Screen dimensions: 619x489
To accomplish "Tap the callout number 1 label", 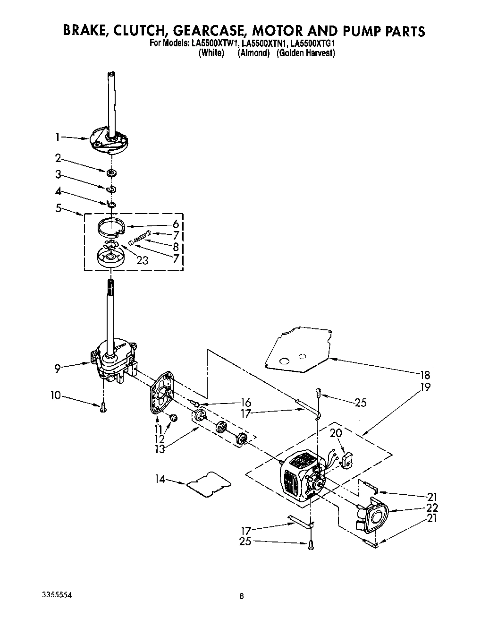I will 58,138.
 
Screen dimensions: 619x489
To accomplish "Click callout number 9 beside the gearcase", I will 57,368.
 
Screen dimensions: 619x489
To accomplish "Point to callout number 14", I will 160,479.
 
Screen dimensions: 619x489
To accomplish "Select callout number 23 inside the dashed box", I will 142,259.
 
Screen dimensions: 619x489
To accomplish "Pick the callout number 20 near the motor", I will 336,433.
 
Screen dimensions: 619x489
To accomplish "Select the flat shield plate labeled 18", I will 302,350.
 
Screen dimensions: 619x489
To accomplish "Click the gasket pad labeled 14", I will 209,483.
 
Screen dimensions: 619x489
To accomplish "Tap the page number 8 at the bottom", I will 241,596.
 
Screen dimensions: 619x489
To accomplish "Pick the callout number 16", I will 245,403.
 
